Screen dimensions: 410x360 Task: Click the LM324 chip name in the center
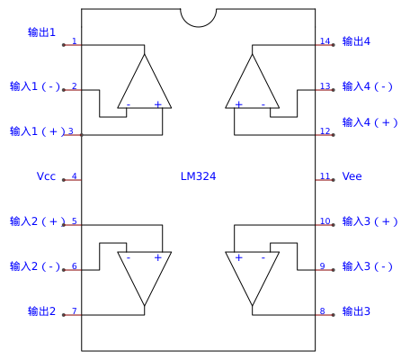tap(198, 176)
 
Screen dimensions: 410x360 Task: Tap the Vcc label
tap(46, 176)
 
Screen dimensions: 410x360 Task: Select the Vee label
tap(352, 176)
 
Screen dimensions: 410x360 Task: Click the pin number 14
tap(325, 41)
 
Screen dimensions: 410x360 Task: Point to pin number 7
tap(75, 311)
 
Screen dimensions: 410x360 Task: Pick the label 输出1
tap(41, 32)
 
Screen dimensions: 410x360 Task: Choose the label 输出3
tap(356, 311)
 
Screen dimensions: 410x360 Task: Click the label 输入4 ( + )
tap(370, 122)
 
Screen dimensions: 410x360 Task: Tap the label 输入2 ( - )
tap(35, 266)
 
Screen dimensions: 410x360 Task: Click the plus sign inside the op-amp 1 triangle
tap(158, 104)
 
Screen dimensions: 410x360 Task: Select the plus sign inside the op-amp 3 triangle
tap(238, 257)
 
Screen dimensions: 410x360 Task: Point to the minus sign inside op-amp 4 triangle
tap(263, 104)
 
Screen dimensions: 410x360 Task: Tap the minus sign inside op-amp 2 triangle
tap(129, 257)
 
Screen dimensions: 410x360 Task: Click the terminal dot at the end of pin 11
tap(334, 180)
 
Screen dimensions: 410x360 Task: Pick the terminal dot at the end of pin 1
tap(64, 45)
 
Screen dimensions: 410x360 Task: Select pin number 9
tap(323, 266)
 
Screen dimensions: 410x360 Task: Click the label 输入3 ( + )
tap(370, 221)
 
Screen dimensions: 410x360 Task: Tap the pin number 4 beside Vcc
tap(75, 176)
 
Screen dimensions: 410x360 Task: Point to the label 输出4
tap(356, 41)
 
